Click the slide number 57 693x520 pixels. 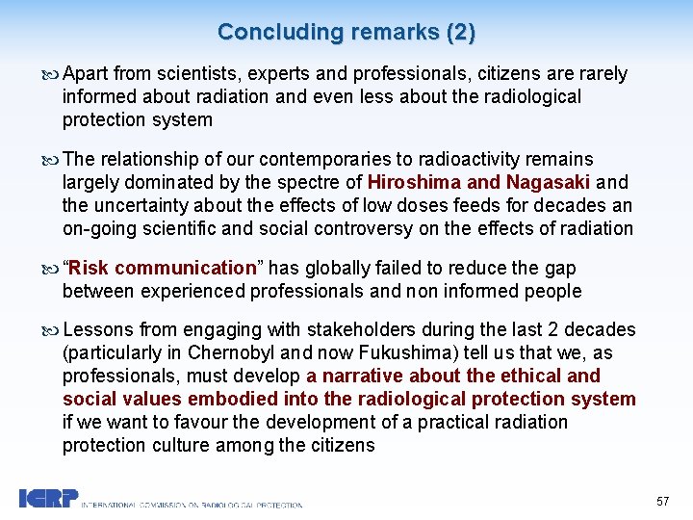click(x=662, y=502)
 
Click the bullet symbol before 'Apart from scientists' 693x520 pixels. click(x=52, y=75)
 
